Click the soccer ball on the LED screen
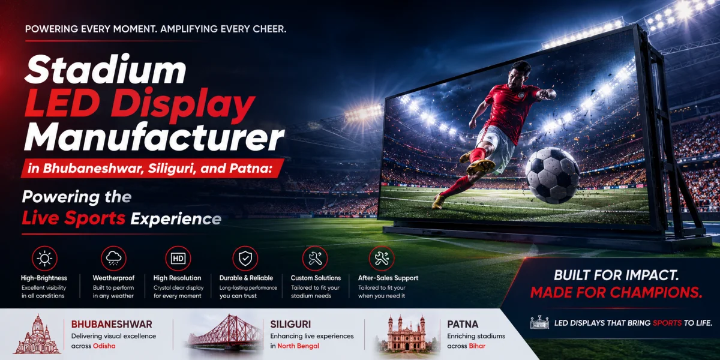pos(552,175)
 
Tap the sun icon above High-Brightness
pos(44,259)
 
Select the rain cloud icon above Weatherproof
pos(113,259)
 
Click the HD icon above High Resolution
pos(178,259)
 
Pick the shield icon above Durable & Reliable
pos(245,259)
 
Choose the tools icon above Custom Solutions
pos(315,259)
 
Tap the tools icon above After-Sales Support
pos(382,259)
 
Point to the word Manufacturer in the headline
pos(154,137)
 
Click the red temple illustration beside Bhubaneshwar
pos(38,334)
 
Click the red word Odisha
pos(104,346)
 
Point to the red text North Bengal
pos(298,346)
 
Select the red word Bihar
pos(477,346)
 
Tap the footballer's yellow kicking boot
pos(480,167)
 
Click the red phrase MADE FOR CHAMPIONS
pos(616,292)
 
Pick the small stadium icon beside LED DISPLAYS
pos(539,322)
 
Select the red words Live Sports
pos(74,218)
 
